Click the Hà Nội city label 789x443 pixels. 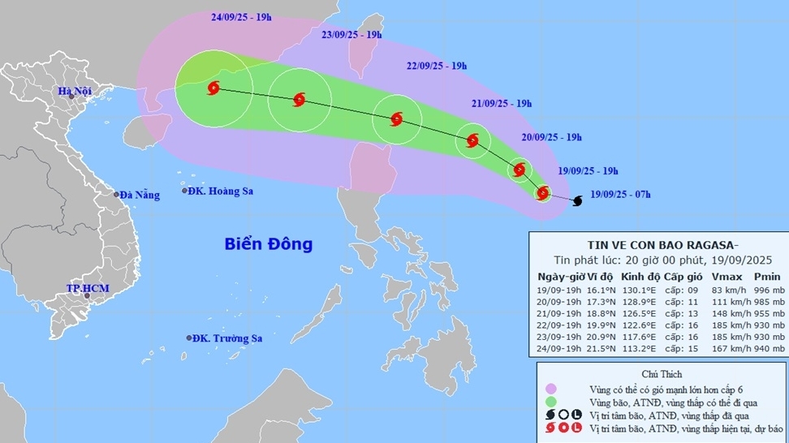tap(74, 92)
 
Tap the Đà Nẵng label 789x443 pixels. tap(139, 195)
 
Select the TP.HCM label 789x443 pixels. tap(88, 289)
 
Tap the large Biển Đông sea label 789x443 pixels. tap(268, 243)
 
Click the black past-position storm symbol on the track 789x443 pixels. tap(577, 200)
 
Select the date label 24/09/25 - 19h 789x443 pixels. tap(241, 16)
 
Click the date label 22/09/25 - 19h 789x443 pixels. tap(436, 66)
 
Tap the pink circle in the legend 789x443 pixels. tap(551, 389)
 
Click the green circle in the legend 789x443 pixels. tap(551, 402)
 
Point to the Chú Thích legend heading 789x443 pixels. tap(662, 374)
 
